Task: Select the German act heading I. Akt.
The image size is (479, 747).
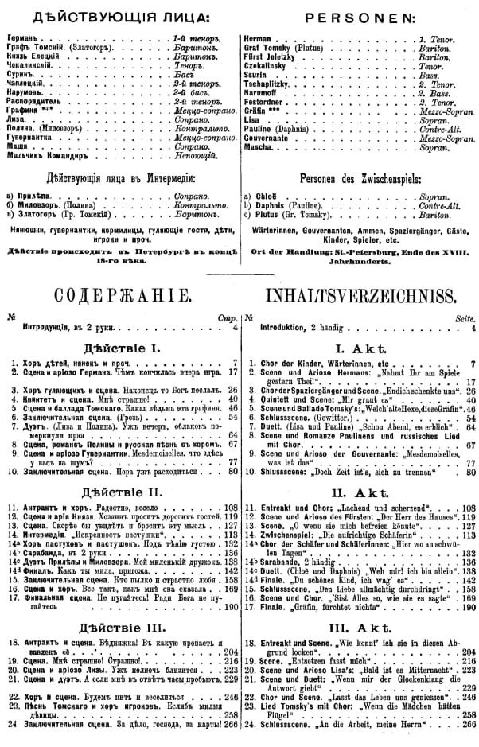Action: tap(360, 348)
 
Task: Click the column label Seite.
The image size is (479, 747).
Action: tap(464, 317)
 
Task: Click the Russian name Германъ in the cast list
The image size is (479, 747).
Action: tap(21, 38)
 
